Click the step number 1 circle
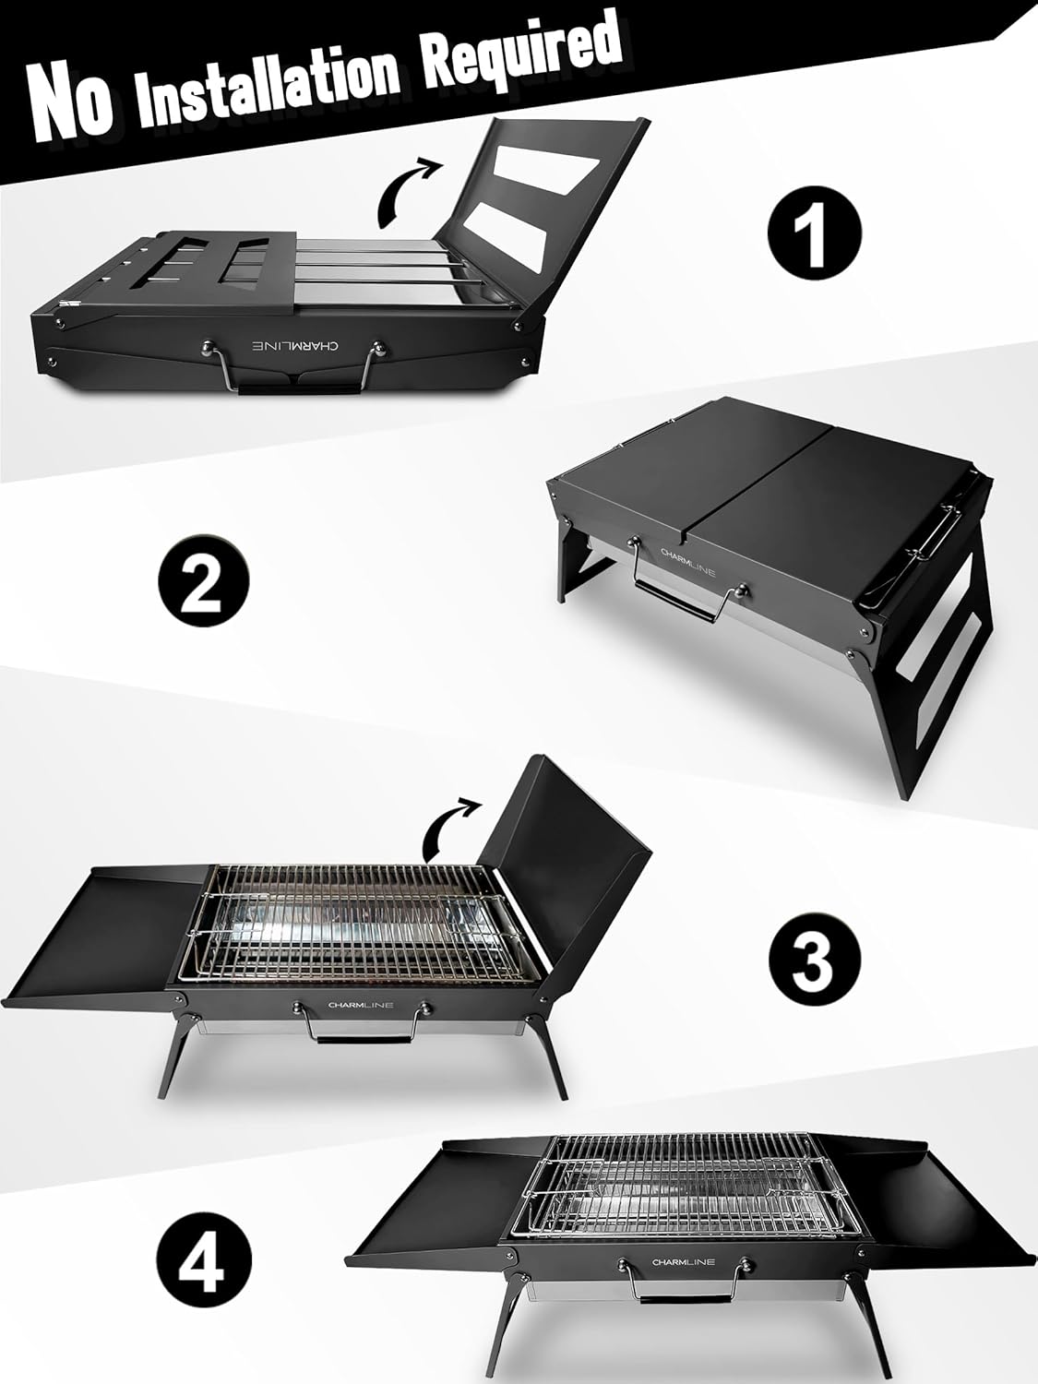tap(815, 233)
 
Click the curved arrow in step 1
tap(407, 190)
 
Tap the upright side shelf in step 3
tap(572, 849)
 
